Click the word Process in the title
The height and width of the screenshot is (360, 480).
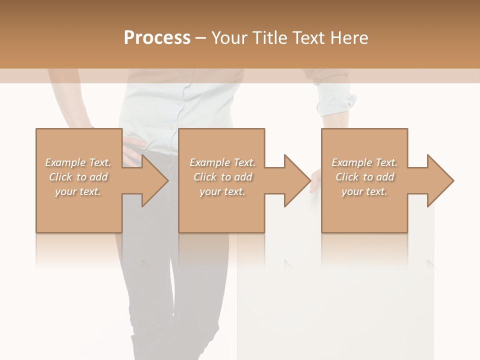coord(157,37)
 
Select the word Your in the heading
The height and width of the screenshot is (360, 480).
coord(229,37)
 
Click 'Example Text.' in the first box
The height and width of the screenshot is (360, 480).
coord(78,162)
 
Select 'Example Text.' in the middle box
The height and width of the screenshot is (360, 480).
coord(222,162)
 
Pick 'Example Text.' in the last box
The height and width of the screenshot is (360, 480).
coord(364,162)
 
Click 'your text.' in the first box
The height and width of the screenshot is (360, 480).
coord(78,191)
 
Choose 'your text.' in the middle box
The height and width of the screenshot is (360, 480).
coord(222,191)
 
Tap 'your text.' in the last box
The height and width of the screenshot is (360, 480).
coord(364,191)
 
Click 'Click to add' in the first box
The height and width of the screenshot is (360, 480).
coord(78,177)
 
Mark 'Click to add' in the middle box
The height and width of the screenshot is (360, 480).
coord(222,177)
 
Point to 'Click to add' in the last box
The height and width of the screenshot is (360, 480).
coord(364,177)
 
